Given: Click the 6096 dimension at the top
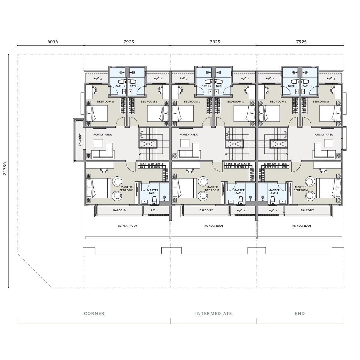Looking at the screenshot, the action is [x=53, y=42].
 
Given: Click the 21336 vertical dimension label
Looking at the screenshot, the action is [x=5, y=169].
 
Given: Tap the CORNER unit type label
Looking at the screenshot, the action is [x=94, y=313].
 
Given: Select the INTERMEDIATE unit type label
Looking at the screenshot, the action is [x=213, y=313].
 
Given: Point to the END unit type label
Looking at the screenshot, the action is [x=300, y=313].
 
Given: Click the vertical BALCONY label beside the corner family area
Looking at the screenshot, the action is [x=80, y=140].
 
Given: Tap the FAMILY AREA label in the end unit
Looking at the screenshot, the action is [x=324, y=135].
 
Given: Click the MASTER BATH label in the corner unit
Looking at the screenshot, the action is [x=153, y=192].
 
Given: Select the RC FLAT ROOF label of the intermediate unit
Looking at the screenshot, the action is [x=214, y=226].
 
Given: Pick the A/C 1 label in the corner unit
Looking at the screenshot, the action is [x=154, y=210].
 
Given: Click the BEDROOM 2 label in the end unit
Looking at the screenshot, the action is [x=320, y=102].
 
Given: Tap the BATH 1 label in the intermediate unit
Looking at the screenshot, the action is [x=221, y=86].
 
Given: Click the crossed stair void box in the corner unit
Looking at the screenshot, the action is [x=148, y=144].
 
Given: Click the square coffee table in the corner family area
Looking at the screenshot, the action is [x=98, y=143].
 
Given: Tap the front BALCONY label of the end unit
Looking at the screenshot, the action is [x=307, y=210].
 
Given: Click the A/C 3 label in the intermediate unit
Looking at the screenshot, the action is [x=184, y=79].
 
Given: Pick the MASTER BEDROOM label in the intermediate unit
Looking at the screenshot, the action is [x=212, y=189].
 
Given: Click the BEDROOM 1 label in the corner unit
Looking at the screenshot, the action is [x=149, y=102].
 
